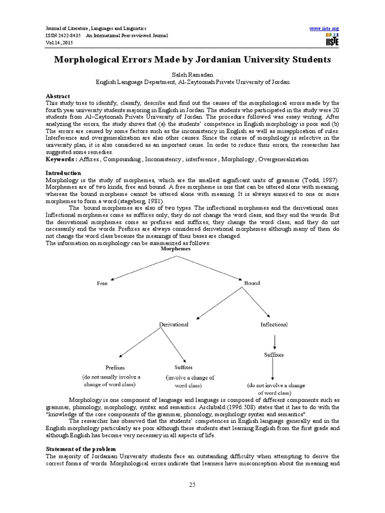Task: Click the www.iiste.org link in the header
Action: point(325,28)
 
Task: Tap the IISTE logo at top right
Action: point(331,40)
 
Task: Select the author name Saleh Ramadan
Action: point(191,73)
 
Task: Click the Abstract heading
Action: point(58,96)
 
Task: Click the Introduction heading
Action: point(63,173)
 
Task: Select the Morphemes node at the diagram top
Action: point(175,248)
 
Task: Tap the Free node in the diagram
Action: point(102,283)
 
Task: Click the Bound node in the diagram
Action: point(252,283)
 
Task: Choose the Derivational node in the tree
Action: point(173,325)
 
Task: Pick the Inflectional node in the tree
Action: point(274,325)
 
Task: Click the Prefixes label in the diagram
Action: point(115,367)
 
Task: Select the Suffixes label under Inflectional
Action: point(274,355)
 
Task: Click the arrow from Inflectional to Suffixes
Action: point(274,342)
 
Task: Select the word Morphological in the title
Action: point(92,60)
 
